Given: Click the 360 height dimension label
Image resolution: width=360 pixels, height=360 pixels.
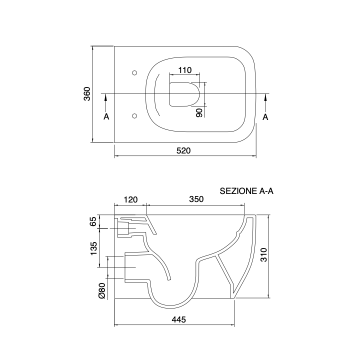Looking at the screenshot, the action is pyautogui.click(x=87, y=94).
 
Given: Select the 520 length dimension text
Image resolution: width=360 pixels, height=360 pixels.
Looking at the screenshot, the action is pyautogui.click(x=183, y=150).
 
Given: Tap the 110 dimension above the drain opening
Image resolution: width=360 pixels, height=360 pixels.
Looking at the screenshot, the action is pyautogui.click(x=185, y=70).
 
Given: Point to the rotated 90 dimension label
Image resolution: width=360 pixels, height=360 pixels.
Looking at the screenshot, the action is pyautogui.click(x=199, y=112).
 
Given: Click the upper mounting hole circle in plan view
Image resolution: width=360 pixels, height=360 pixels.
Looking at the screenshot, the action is pyautogui.click(x=135, y=73).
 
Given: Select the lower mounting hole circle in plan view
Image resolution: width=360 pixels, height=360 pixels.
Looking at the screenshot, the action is pyautogui.click(x=135, y=115).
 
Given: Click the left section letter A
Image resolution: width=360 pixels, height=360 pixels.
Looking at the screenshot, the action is pyautogui.click(x=106, y=116).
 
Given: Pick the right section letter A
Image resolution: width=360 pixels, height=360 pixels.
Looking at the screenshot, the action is pyautogui.click(x=265, y=117).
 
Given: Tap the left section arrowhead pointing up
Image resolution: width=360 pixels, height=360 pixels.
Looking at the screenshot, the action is pyautogui.click(x=105, y=98).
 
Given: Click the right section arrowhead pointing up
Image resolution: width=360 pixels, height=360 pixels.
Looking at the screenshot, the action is pyautogui.click(x=265, y=98).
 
